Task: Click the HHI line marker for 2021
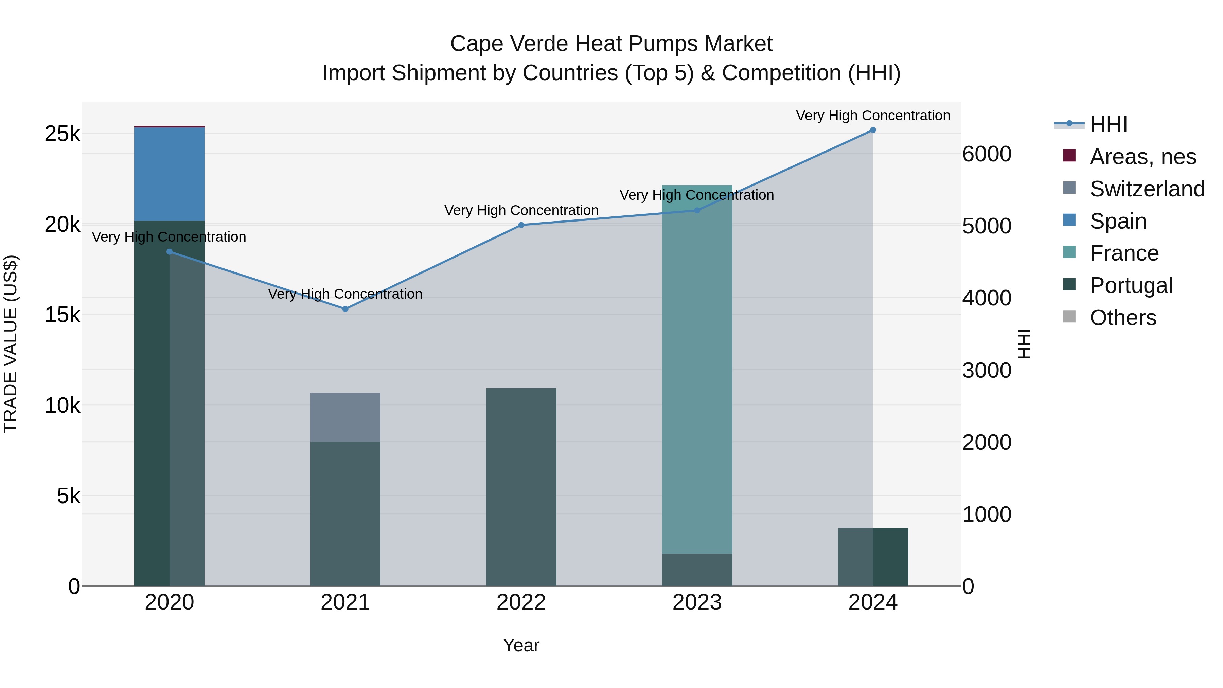coord(345,309)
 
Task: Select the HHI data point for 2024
coord(873,130)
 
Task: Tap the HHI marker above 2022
coord(521,225)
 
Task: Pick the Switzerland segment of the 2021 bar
coord(345,417)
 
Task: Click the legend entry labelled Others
coord(1122,318)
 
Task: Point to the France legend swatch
coord(1069,252)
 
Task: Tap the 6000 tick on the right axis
coord(987,154)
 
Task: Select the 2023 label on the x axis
coord(697,602)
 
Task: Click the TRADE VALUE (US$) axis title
coord(11,344)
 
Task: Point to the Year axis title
coord(521,645)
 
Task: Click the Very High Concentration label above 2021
coord(345,294)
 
